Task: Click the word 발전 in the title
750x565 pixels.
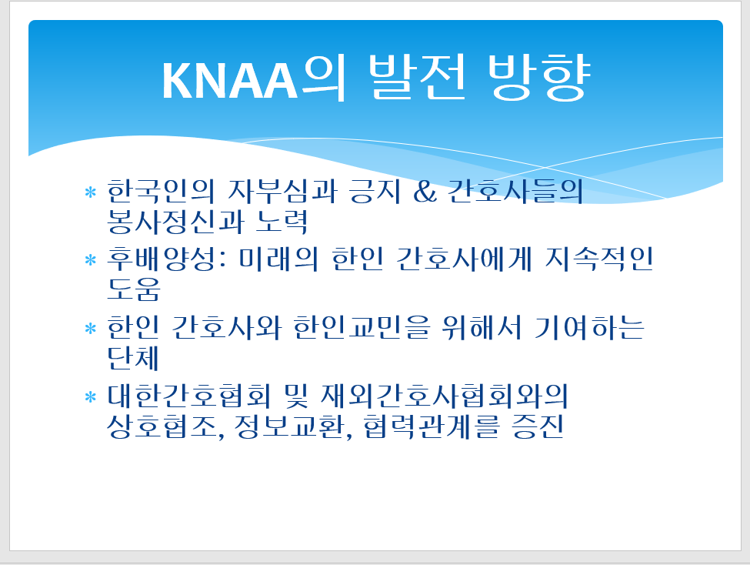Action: point(418,77)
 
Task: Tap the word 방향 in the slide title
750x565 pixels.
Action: point(539,77)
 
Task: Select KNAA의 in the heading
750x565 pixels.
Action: point(254,78)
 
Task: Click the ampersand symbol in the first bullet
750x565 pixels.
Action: point(425,192)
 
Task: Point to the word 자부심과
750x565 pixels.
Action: point(282,191)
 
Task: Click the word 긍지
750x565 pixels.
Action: point(375,191)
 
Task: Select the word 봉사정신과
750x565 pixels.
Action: point(175,222)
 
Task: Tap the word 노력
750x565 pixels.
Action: point(282,222)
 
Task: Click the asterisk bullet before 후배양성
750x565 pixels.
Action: point(91,260)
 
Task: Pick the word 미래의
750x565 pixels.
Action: point(278,259)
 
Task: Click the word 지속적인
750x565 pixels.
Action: point(599,259)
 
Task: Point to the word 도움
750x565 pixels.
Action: point(133,289)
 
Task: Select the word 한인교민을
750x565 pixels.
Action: point(362,328)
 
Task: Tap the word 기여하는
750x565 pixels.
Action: point(589,328)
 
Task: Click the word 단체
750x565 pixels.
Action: point(133,358)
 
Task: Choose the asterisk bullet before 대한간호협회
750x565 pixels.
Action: point(91,397)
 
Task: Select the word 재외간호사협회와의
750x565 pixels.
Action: point(444,396)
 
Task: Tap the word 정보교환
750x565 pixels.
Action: point(293,427)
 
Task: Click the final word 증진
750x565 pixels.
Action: point(538,427)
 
